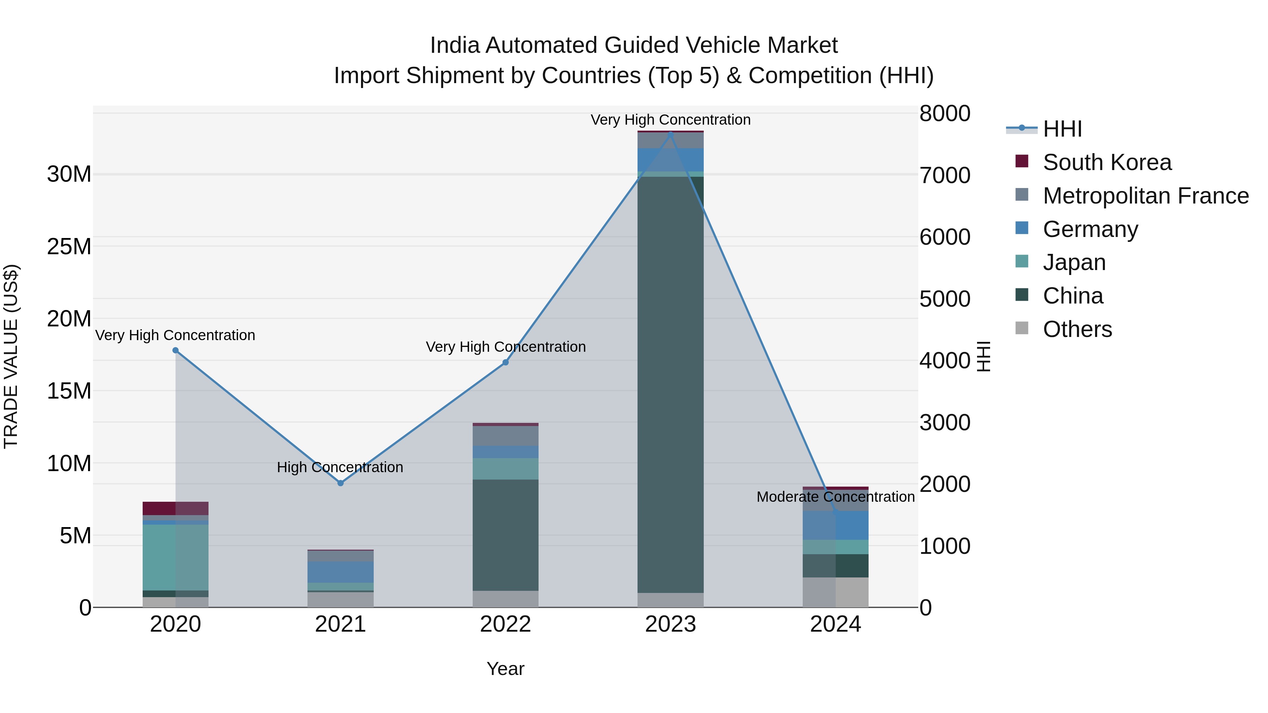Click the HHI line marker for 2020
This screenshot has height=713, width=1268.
175,350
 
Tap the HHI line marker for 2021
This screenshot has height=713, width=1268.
340,483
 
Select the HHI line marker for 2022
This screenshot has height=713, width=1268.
505,363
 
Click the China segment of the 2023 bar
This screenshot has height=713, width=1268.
670,384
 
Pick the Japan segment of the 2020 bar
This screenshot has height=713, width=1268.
175,557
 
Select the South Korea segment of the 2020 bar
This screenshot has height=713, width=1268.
175,508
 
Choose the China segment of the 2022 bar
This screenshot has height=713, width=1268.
505,535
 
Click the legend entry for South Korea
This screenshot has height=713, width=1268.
1107,162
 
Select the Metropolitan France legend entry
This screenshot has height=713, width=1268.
1145,196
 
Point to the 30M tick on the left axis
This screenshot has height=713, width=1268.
69,174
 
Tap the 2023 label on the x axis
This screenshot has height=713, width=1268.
670,624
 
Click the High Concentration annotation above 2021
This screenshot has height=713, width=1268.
340,467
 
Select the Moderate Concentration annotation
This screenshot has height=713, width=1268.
835,497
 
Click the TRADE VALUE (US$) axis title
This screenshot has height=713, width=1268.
11,356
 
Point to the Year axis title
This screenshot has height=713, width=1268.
505,669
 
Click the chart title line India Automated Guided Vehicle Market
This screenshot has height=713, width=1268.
634,45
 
